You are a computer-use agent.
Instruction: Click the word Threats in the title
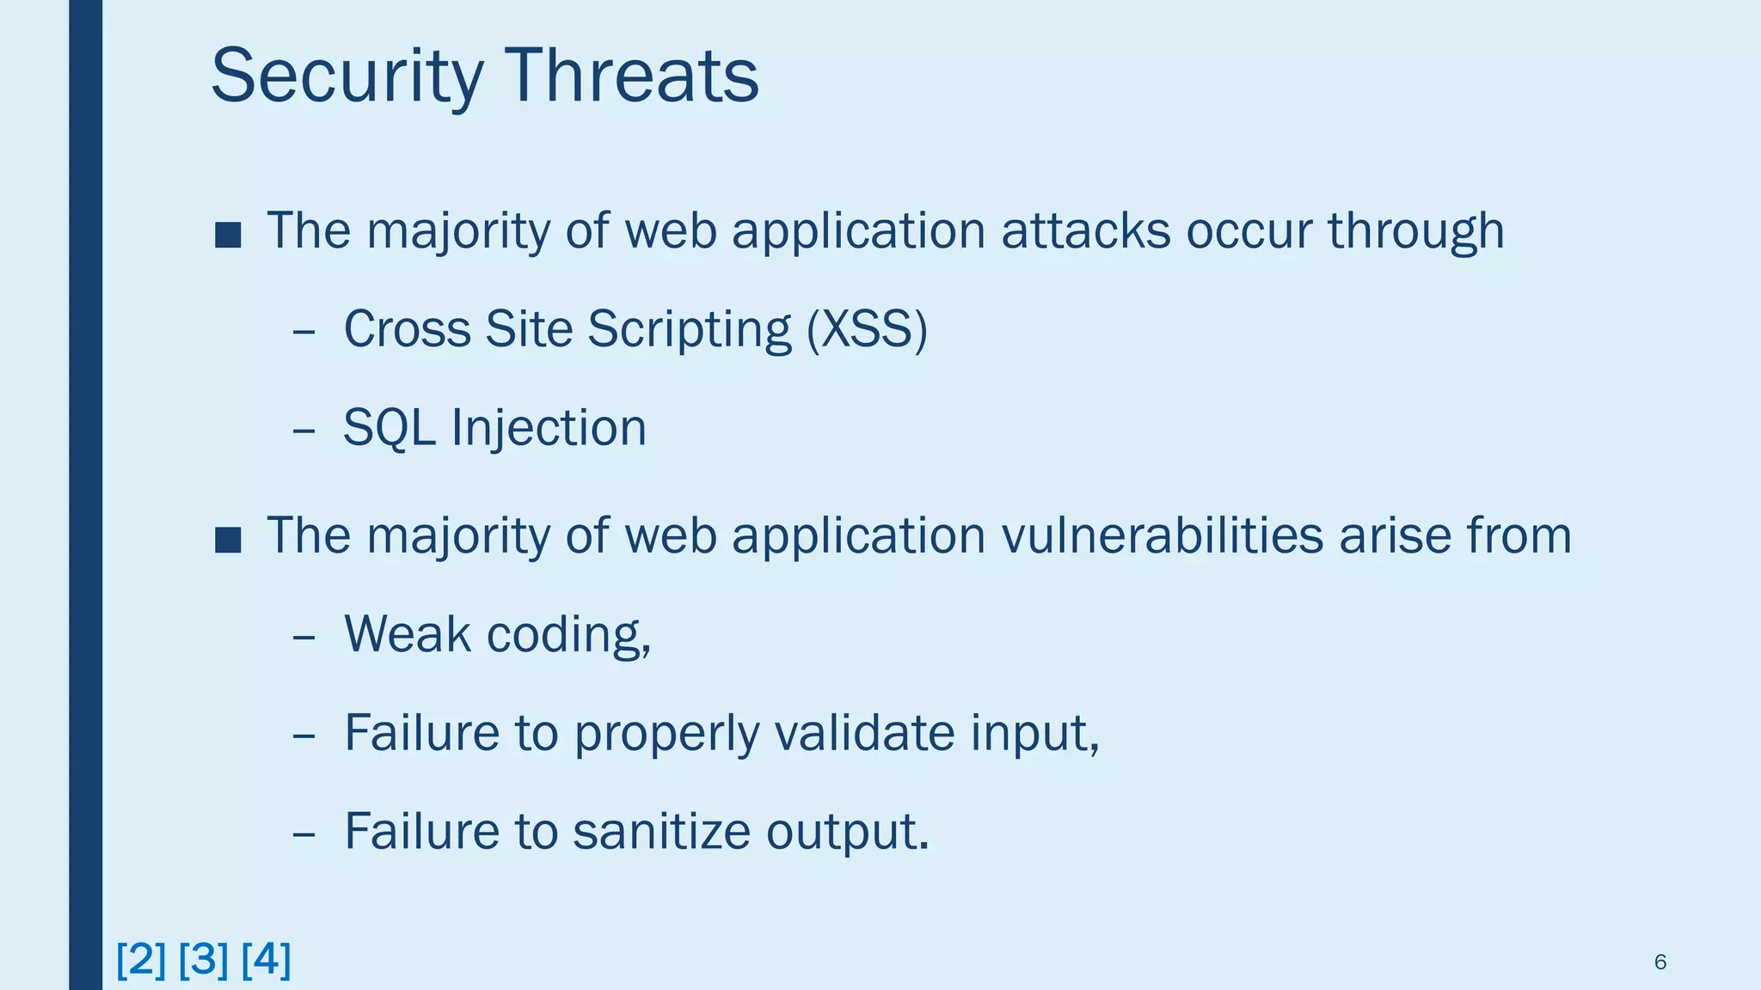tap(632, 77)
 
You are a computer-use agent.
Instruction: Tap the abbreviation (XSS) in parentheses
tap(867, 329)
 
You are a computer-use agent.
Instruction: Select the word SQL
tap(389, 428)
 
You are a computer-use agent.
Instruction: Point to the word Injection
tap(549, 428)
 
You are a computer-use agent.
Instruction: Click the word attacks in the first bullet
tap(1085, 231)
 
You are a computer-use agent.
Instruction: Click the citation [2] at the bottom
tap(141, 959)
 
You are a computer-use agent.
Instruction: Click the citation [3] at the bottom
tap(204, 959)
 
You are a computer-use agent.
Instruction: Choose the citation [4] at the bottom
tap(267, 959)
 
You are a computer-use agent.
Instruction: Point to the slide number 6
tap(1660, 962)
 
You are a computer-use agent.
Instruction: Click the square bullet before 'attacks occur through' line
tap(228, 235)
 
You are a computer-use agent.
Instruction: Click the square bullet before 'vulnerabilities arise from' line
tap(228, 540)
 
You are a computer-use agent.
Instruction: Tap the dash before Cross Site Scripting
tap(304, 331)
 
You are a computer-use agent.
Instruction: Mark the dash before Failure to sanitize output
tap(304, 834)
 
